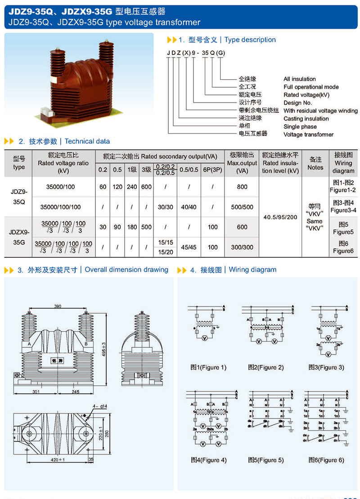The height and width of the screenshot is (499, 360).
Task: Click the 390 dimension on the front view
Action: coord(58,306)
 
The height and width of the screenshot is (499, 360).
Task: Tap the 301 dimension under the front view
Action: coord(36,391)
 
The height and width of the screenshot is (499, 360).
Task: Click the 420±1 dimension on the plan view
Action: coord(58,459)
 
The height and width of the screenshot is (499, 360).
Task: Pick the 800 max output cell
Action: coord(242,187)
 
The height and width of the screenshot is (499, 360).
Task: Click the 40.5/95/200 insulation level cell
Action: coord(280,217)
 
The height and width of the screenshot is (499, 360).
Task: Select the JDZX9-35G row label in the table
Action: coord(19,237)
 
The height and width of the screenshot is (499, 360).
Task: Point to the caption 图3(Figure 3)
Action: coord(326,367)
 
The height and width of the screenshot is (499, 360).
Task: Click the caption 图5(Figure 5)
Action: coord(266,460)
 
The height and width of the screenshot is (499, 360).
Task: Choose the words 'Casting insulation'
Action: coord(306,119)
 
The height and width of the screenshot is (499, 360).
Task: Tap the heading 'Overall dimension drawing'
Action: coord(126,270)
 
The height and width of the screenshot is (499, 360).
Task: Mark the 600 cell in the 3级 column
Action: coord(146,187)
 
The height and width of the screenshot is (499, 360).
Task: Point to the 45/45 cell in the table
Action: coord(189,247)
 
